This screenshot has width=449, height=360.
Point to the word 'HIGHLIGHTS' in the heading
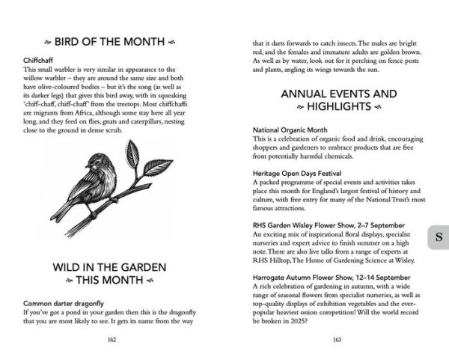(x=337, y=107)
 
